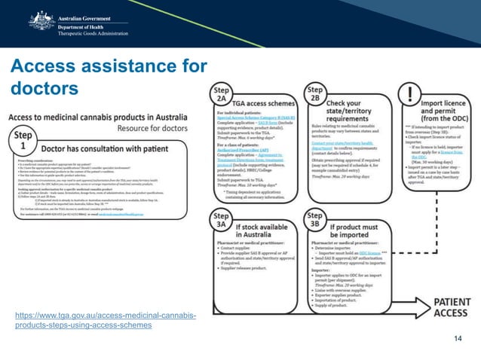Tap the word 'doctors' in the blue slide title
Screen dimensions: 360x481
click(x=44, y=89)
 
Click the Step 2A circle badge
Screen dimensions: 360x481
click(x=219, y=95)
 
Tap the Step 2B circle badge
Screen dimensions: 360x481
click(x=314, y=95)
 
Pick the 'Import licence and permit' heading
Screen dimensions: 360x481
click(x=444, y=107)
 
